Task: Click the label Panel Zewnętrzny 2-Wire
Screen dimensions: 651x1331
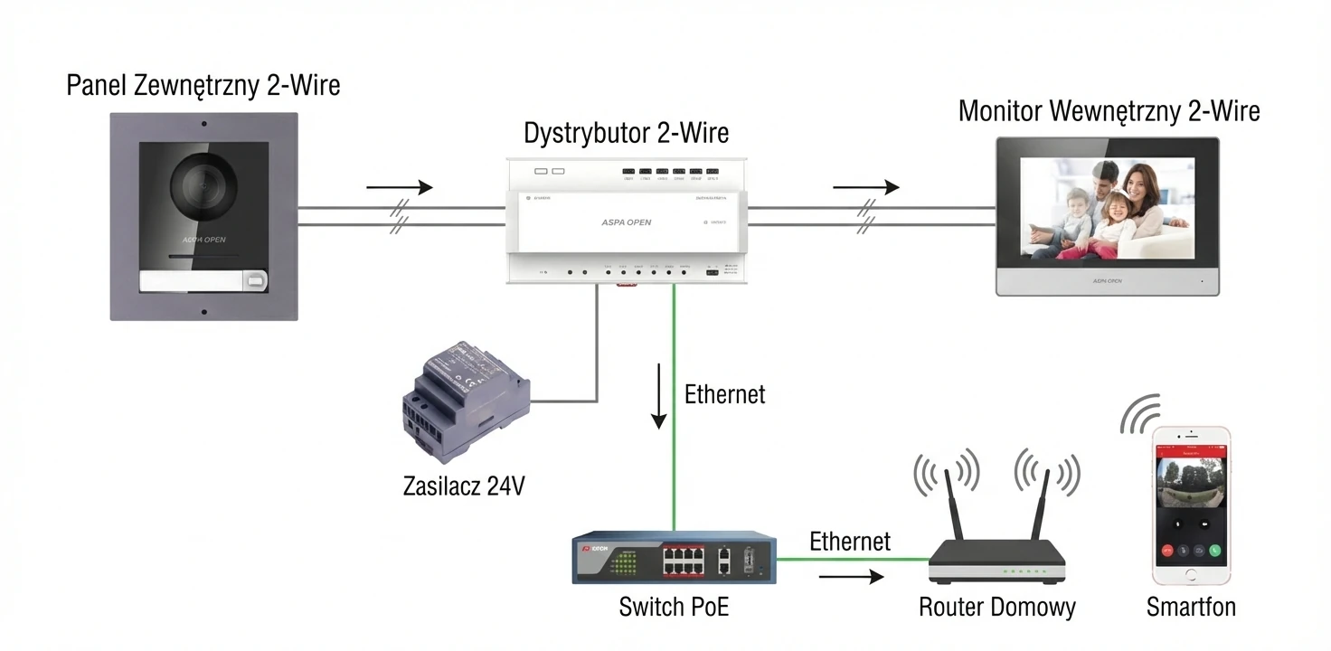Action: [203, 86]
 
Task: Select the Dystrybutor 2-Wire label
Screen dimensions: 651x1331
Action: [626, 133]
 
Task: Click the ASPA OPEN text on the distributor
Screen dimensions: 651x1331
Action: [626, 222]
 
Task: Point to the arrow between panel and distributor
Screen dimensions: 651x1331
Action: [399, 187]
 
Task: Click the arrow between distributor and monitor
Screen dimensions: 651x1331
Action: [865, 187]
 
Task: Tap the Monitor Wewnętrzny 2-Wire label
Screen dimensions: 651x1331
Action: [1109, 111]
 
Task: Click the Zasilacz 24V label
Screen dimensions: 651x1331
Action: [463, 486]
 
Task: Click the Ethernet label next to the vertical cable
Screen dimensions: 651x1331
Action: [724, 394]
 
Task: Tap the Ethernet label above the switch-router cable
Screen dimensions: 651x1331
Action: [849, 542]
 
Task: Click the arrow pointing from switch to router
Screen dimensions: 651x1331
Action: [851, 576]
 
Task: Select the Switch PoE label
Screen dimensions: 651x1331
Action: [674, 607]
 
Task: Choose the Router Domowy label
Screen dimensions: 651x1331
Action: [996, 607]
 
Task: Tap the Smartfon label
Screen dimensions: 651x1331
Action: [1190, 607]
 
